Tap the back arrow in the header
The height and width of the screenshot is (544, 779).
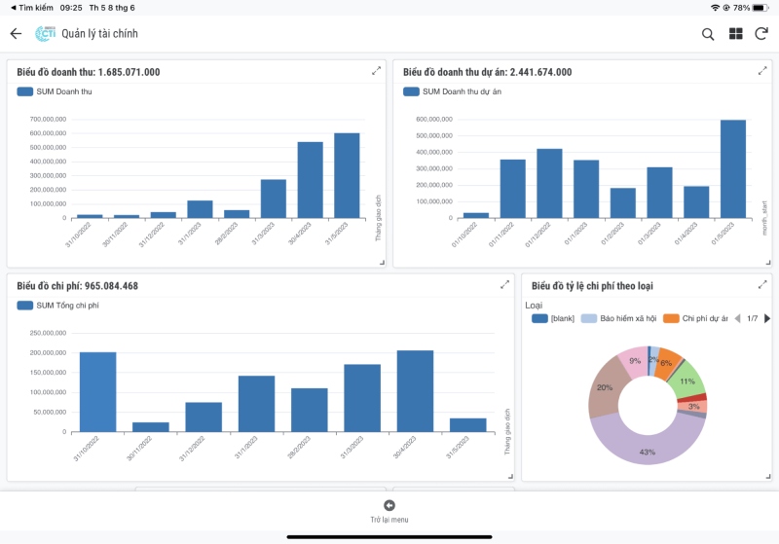[16, 34]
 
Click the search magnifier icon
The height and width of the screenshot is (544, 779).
[708, 34]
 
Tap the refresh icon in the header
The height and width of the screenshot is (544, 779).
[761, 34]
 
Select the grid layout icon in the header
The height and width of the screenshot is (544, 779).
[735, 34]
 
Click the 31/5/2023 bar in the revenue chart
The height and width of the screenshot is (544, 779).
[347, 175]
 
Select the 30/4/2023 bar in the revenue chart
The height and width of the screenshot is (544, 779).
[310, 180]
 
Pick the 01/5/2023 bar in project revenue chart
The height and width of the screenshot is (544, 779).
[733, 169]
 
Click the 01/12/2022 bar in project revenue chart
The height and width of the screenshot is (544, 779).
[549, 183]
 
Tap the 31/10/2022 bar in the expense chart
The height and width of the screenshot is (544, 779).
[97, 392]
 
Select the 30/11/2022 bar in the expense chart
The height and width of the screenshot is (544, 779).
[150, 426]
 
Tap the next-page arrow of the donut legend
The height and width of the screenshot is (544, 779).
[766, 318]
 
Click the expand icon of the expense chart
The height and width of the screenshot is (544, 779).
[504, 285]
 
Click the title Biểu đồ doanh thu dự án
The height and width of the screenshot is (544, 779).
[487, 72]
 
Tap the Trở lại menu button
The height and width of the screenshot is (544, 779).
[389, 511]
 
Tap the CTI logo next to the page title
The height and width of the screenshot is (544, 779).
[45, 34]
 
